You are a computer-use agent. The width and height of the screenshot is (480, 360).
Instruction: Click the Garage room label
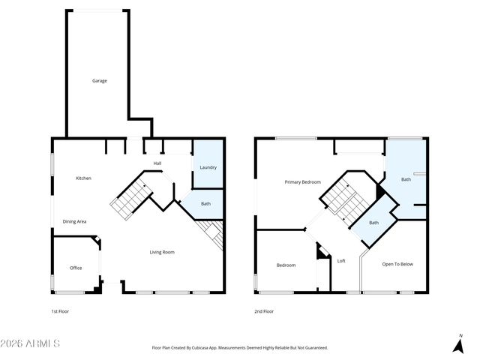click(99, 80)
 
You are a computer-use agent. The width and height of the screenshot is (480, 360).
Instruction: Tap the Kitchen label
click(83, 178)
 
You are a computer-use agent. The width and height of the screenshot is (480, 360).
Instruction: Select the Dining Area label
click(74, 221)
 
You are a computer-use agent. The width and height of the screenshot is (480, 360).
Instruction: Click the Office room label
click(76, 268)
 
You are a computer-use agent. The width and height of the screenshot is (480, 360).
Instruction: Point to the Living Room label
click(161, 252)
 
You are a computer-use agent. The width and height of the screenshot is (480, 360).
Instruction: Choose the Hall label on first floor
click(157, 163)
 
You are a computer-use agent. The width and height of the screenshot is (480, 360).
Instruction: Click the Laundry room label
click(208, 167)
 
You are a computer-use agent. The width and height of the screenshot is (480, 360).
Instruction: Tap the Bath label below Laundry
click(205, 203)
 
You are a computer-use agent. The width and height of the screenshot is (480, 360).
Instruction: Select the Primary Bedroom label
click(302, 182)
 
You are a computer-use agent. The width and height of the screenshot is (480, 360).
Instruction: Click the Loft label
click(341, 261)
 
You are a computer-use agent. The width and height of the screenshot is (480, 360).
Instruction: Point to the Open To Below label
click(397, 264)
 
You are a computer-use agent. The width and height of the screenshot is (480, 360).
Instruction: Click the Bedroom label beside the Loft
click(286, 265)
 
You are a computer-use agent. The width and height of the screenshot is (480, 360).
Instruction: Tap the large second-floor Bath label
click(406, 179)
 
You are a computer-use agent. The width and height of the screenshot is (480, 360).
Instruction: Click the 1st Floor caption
click(60, 310)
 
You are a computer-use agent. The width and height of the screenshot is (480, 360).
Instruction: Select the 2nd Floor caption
click(264, 310)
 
